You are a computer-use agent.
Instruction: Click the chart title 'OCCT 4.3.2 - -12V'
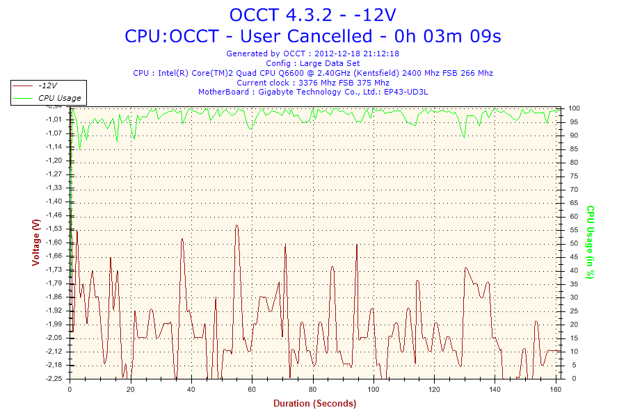(312, 15)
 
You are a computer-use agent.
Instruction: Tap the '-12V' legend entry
(48, 85)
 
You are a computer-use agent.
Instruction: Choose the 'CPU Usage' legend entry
(59, 98)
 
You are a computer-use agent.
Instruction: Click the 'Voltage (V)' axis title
(36, 243)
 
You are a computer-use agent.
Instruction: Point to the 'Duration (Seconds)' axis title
(314, 404)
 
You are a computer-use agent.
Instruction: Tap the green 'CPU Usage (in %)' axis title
(590, 242)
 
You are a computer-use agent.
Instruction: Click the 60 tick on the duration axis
(252, 389)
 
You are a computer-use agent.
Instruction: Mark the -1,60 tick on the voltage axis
(54, 243)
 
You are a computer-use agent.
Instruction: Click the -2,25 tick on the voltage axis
(54, 379)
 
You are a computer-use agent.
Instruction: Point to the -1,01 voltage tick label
(54, 120)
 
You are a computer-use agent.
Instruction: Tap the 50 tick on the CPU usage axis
(574, 243)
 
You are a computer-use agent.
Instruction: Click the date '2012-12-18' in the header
(338, 54)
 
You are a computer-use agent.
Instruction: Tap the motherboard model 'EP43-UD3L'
(406, 92)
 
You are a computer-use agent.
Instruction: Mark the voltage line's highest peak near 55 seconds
(237, 225)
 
